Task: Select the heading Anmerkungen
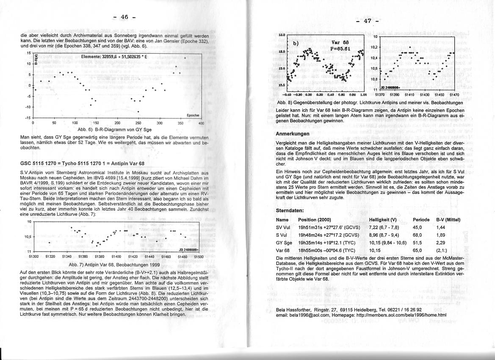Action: point(293,134)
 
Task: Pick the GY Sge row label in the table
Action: point(284,243)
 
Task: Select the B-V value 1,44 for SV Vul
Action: point(440,227)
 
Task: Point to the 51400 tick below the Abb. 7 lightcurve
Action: point(116,257)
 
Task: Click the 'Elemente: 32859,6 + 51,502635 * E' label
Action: point(114,56)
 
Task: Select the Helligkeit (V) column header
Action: point(382,220)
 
